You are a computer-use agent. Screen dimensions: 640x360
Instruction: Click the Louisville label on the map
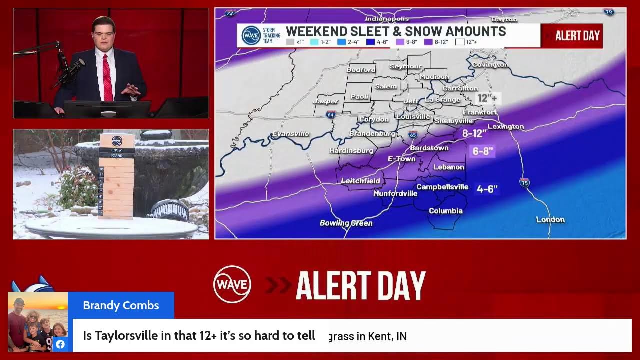[x=413, y=116]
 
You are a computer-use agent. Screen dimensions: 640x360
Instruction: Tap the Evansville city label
[x=290, y=134]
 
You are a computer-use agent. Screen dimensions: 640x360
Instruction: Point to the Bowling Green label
[x=346, y=223]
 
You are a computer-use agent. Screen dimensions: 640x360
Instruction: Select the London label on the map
[x=550, y=219]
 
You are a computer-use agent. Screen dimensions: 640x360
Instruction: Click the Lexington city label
[x=506, y=126]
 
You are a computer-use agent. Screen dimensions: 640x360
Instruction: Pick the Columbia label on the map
[x=445, y=211]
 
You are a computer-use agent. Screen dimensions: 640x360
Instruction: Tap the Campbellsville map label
[x=442, y=187]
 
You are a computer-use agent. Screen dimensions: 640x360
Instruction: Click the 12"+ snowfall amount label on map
[x=486, y=98]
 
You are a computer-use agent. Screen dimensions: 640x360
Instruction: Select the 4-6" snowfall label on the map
[x=487, y=189]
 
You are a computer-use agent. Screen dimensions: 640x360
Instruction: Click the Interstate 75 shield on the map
[x=524, y=182]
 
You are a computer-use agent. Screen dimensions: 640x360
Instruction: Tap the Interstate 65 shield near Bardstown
[x=413, y=135]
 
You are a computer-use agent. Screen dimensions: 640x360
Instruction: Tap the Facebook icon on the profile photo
[x=60, y=344]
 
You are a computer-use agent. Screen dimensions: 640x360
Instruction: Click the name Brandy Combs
[x=121, y=305]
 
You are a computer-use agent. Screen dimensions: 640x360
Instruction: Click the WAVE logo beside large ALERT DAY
[x=232, y=284]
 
